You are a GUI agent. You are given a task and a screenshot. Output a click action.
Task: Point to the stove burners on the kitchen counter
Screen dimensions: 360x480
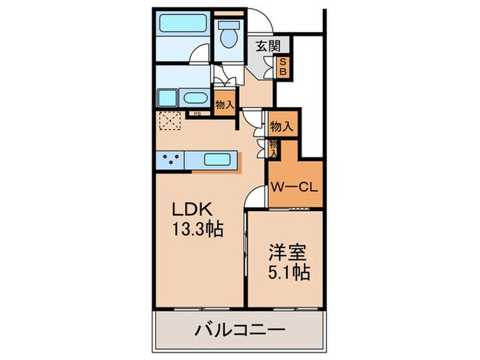tap(171, 160)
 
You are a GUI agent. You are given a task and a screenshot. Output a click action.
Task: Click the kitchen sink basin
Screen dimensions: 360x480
tap(219, 161)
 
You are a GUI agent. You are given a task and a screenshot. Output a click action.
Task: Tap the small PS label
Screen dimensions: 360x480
tap(197, 114)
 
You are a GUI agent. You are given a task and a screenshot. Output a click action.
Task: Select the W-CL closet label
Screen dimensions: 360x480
tap(292, 185)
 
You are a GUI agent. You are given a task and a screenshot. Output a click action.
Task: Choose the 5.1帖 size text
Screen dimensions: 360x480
tap(287, 271)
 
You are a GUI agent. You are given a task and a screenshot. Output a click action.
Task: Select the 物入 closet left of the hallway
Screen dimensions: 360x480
tap(224, 104)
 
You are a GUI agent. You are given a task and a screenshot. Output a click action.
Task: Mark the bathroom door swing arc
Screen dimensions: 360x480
tap(198, 55)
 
